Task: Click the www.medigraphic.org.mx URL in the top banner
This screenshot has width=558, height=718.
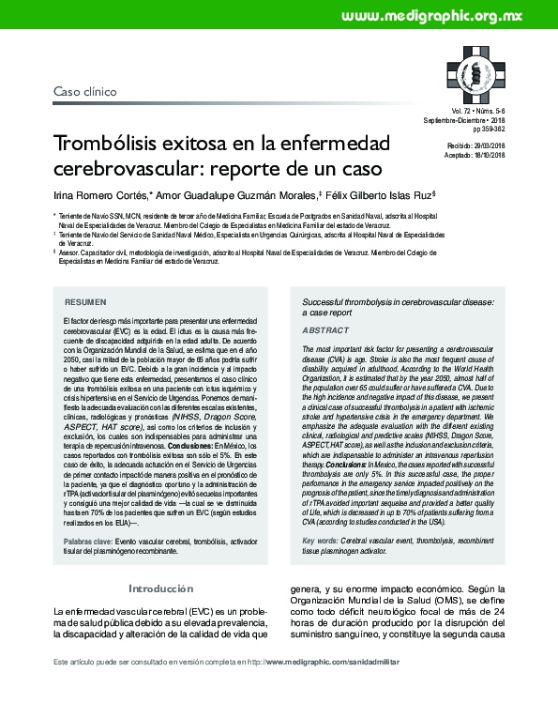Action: (431, 16)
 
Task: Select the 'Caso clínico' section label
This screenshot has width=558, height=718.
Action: (84, 93)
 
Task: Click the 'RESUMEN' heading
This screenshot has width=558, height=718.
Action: (84, 304)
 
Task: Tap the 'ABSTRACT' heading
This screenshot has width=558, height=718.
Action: (324, 331)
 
